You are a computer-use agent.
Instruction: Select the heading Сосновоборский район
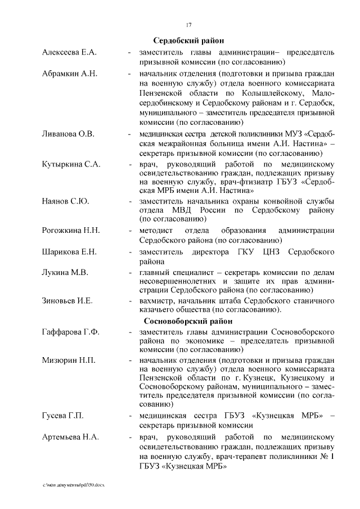point(188,321)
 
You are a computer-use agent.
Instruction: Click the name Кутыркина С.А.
point(71,164)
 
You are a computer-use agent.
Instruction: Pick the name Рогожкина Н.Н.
point(71,231)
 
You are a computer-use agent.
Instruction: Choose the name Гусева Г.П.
point(63,416)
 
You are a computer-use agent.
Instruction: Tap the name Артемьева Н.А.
point(70,436)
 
